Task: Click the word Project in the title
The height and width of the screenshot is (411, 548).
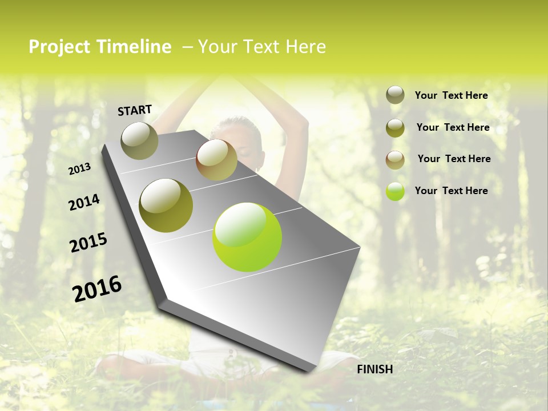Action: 59,47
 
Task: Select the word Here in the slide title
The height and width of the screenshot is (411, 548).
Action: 306,47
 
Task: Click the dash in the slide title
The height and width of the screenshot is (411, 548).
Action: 187,47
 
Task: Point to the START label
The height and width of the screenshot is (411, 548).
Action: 135,110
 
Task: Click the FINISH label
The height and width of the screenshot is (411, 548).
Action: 374,369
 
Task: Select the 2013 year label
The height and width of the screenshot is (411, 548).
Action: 79,169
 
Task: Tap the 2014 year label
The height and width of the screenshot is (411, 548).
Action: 84,202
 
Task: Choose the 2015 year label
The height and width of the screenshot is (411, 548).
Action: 88,243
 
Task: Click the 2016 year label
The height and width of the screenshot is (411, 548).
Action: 97,288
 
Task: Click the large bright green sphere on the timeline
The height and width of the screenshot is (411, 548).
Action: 247,237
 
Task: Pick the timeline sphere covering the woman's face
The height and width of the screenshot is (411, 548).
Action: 216,160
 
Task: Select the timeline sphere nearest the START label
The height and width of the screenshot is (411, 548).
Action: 139,140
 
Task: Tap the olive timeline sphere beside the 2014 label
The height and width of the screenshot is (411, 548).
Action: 166,205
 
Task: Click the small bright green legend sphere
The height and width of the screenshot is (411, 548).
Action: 395,191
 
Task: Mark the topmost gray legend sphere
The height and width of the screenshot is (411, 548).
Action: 395,95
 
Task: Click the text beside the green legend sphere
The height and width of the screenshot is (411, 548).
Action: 451,191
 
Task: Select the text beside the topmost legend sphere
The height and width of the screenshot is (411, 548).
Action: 451,95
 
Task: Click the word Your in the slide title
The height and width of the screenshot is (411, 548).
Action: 217,47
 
